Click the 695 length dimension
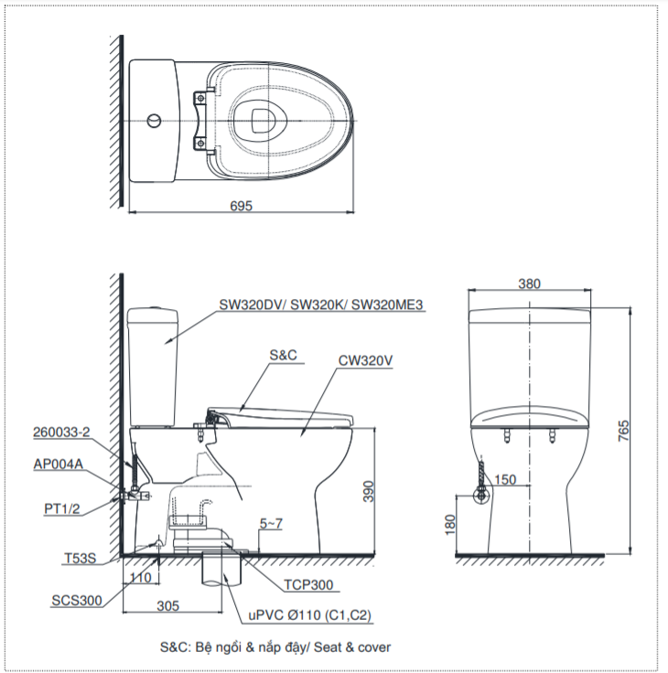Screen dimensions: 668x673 pyautogui.click(x=241, y=206)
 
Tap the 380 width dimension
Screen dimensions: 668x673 pyautogui.click(x=529, y=283)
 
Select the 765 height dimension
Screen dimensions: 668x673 pyautogui.click(x=623, y=431)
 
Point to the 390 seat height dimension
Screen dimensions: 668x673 pyautogui.click(x=369, y=491)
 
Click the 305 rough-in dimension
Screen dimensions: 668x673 pyautogui.click(x=168, y=605)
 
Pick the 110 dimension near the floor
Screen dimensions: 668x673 pyautogui.click(x=140, y=578)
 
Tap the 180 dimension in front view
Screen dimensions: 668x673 pyautogui.click(x=450, y=525)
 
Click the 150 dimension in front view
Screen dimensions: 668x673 pyautogui.click(x=505, y=479)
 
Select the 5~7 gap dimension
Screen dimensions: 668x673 pyautogui.click(x=271, y=524)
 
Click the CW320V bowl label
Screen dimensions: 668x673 pyautogui.click(x=365, y=360)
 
